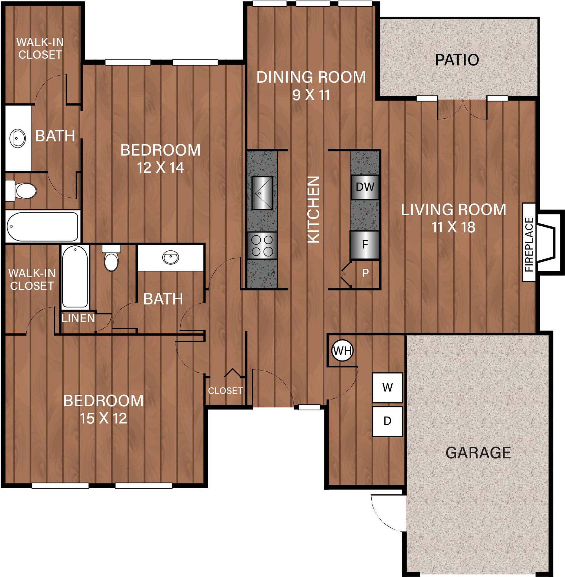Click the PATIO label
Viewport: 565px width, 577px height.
coord(457,60)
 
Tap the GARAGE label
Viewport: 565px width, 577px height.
coord(478,453)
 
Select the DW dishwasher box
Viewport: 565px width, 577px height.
coord(365,187)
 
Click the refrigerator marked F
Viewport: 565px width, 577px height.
coord(365,245)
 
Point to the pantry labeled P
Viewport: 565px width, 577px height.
coord(365,273)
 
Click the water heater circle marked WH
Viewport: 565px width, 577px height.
coord(342,351)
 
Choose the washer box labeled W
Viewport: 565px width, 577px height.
coord(387,387)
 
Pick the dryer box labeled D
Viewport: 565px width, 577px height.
coord(387,421)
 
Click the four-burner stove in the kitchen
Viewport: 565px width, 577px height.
coord(262,246)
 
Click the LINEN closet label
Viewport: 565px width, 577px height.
coord(78,318)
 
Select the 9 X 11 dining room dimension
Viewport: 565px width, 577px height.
coord(311,95)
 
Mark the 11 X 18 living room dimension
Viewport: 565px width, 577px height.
coord(453,227)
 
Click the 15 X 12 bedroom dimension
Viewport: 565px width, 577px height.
coord(103,418)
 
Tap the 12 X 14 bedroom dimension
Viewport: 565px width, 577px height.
coord(160,168)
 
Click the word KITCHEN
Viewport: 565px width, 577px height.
coord(313,210)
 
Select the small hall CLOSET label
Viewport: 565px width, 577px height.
coord(225,391)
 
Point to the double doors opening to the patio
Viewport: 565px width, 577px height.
coord(462,109)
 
